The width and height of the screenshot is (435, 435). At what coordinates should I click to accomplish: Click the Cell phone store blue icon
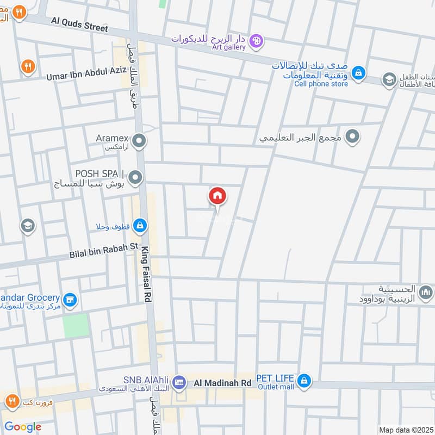pos(358,72)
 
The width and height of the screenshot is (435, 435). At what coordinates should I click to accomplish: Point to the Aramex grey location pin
pos(140,142)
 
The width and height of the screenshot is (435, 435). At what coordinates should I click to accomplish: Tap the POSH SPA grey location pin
pos(135,177)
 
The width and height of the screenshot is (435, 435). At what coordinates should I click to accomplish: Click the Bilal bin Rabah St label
pos(104,250)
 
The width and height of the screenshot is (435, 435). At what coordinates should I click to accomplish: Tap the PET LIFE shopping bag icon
pos(305,381)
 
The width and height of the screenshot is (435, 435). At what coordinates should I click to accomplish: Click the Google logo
pos(23,427)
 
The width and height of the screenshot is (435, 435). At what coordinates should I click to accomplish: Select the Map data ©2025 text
pos(405,430)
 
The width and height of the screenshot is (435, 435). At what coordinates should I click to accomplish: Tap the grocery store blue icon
pos(70,300)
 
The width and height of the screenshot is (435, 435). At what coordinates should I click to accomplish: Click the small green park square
pos(75,325)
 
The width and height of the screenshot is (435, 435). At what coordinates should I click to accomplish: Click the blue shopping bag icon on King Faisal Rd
pos(140,225)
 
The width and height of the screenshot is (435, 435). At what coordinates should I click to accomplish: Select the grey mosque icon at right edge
pos(427,294)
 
